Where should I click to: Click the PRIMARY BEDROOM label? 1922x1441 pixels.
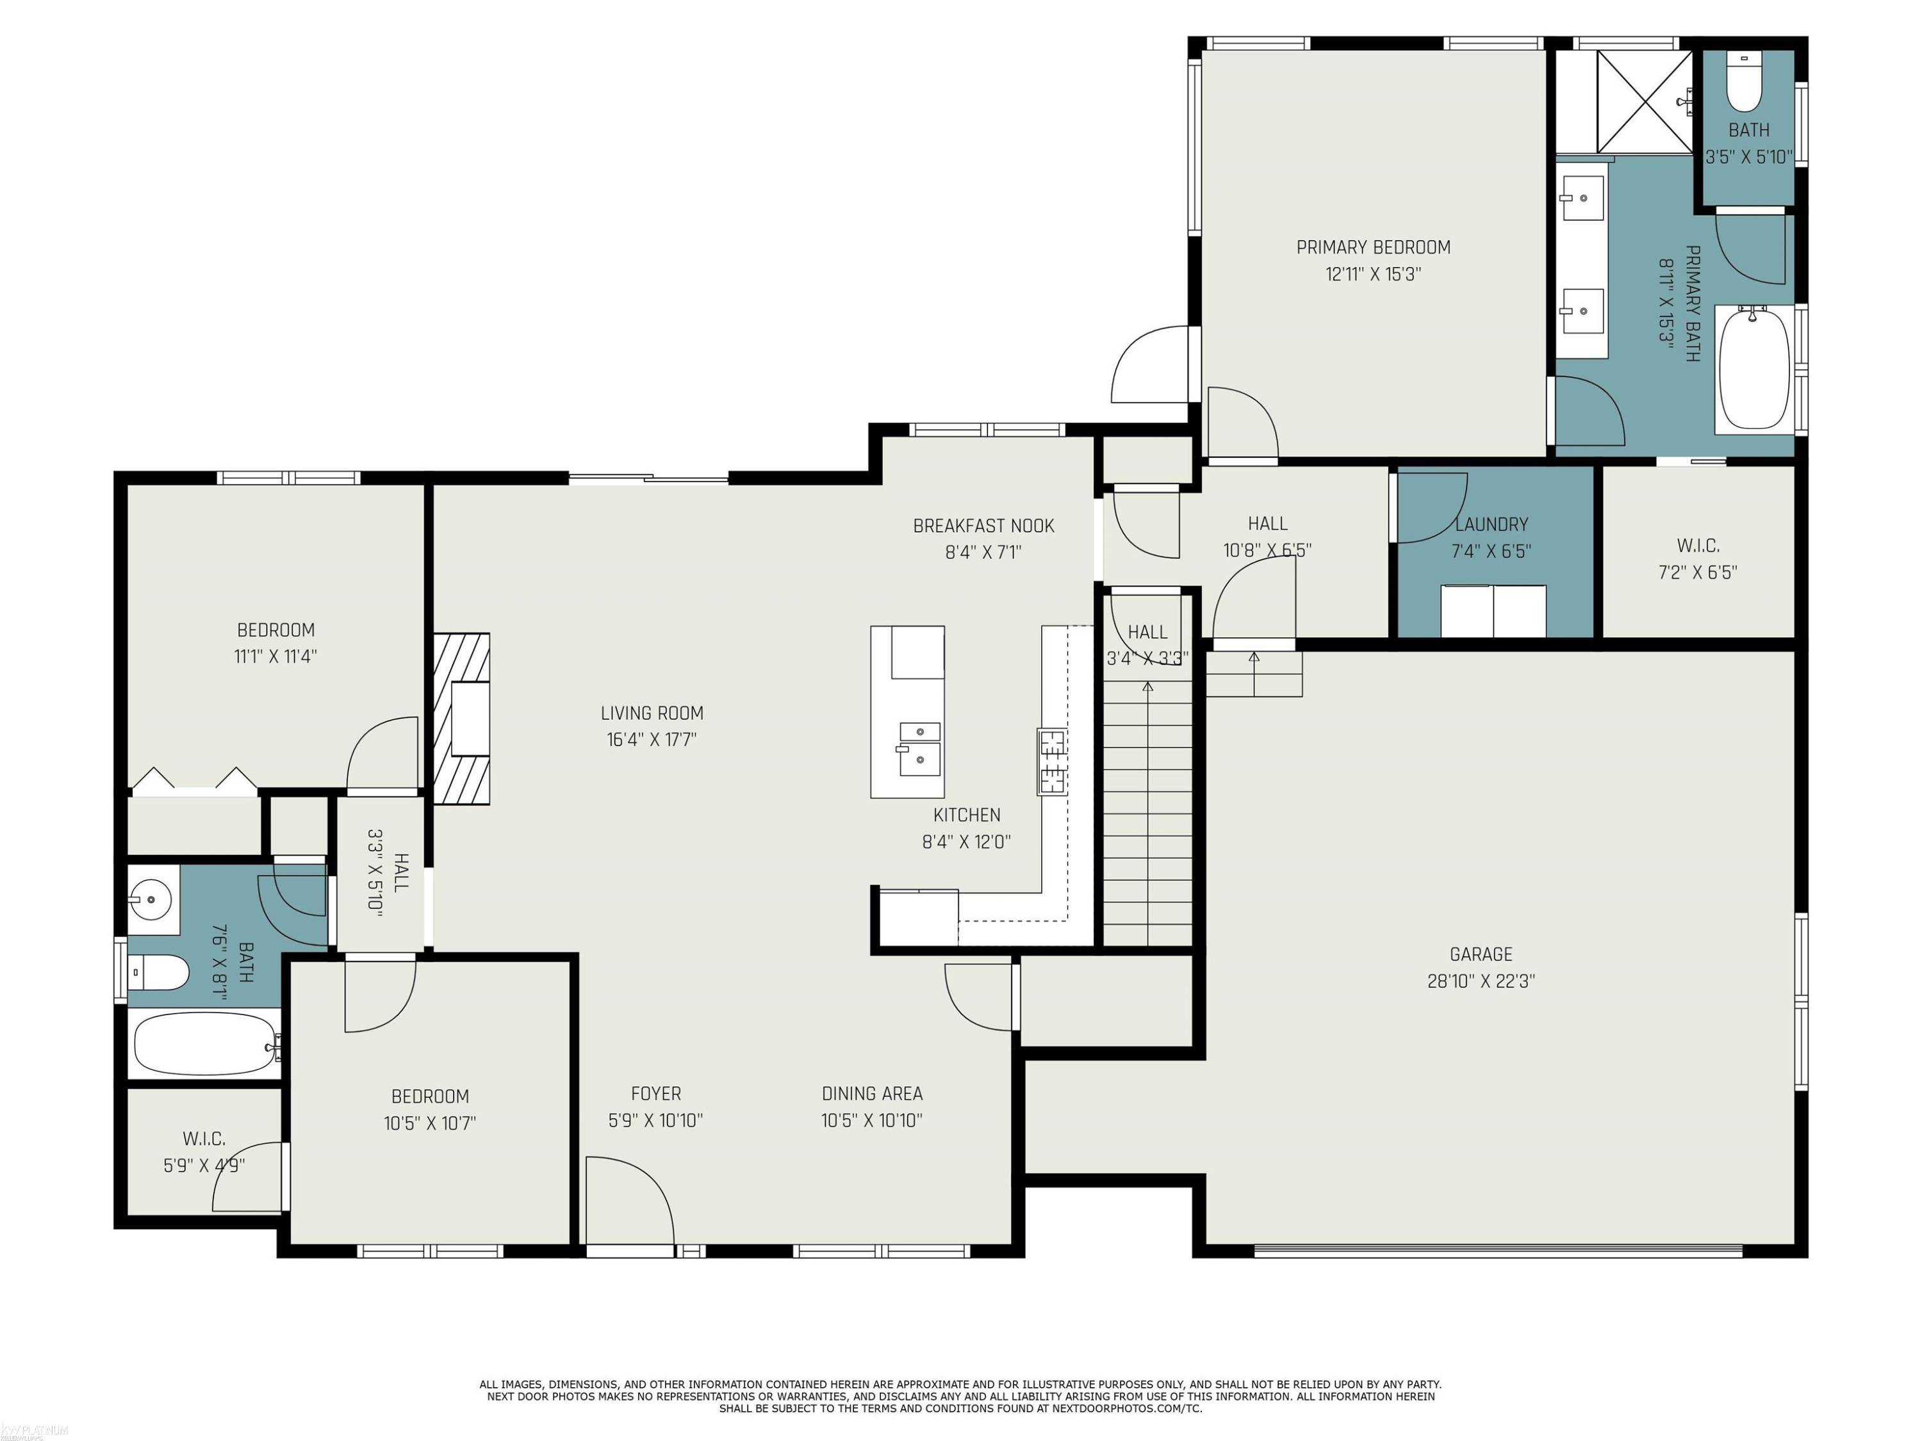[x=1373, y=248]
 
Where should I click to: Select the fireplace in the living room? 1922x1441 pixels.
[x=461, y=719]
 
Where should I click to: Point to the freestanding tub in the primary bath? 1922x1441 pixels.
[x=1754, y=368]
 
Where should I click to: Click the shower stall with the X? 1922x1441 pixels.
[x=1645, y=102]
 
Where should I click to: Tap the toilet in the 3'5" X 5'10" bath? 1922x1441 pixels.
[x=1743, y=83]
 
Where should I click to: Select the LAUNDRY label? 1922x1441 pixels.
[x=1491, y=525]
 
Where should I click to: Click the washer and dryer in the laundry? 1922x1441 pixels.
[x=1493, y=610]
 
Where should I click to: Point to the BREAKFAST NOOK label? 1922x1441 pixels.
[x=983, y=526]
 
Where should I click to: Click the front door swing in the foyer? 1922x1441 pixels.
[x=630, y=1201]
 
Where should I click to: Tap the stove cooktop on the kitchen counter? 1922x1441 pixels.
[x=1051, y=761]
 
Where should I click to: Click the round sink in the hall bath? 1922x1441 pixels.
[x=151, y=899]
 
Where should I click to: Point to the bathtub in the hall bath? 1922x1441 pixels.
[x=206, y=1043]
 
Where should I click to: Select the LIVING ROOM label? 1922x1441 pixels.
[x=652, y=713]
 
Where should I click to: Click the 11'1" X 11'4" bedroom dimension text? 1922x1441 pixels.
[x=275, y=656]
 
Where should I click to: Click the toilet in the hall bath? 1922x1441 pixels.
[x=158, y=972]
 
